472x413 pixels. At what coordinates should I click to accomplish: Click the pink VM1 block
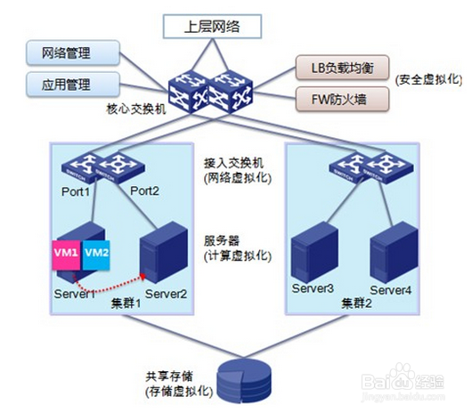coord(68,254)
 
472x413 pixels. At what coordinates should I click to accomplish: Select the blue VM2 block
coord(98,254)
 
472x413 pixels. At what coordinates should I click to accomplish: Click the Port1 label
coord(76,190)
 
